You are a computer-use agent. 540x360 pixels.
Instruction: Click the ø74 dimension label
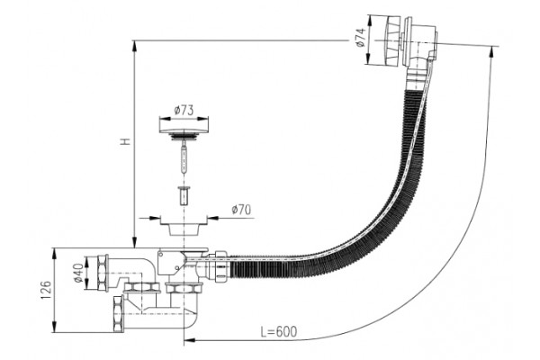[x=360, y=38]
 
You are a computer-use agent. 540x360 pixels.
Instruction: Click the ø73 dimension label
[x=184, y=111]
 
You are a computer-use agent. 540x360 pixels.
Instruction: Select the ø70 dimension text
[x=241, y=210]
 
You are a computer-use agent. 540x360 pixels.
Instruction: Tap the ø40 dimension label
[x=78, y=273]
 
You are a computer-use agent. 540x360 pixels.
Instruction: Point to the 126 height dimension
[x=47, y=290]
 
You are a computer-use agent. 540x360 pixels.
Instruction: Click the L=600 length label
[x=278, y=331]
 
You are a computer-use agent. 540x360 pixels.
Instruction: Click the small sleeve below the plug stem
[x=184, y=195]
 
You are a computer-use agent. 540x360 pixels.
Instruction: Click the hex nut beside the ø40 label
[x=103, y=273]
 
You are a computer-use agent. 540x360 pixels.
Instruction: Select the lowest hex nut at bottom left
[x=118, y=313]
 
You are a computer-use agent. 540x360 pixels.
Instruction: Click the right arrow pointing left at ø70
[x=214, y=218]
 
